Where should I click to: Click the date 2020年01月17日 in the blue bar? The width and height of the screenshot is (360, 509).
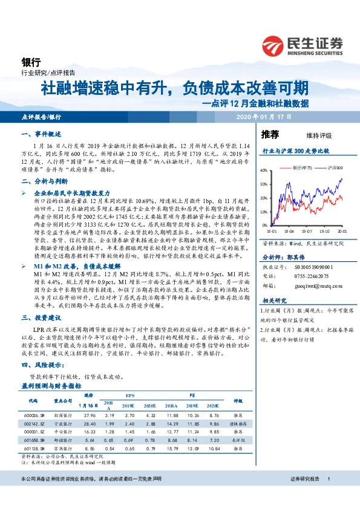[263, 116]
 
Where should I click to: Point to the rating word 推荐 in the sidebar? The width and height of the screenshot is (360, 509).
[270, 134]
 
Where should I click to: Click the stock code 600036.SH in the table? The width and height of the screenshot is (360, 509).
[33, 415]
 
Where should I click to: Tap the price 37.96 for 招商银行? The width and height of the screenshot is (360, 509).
[91, 415]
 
